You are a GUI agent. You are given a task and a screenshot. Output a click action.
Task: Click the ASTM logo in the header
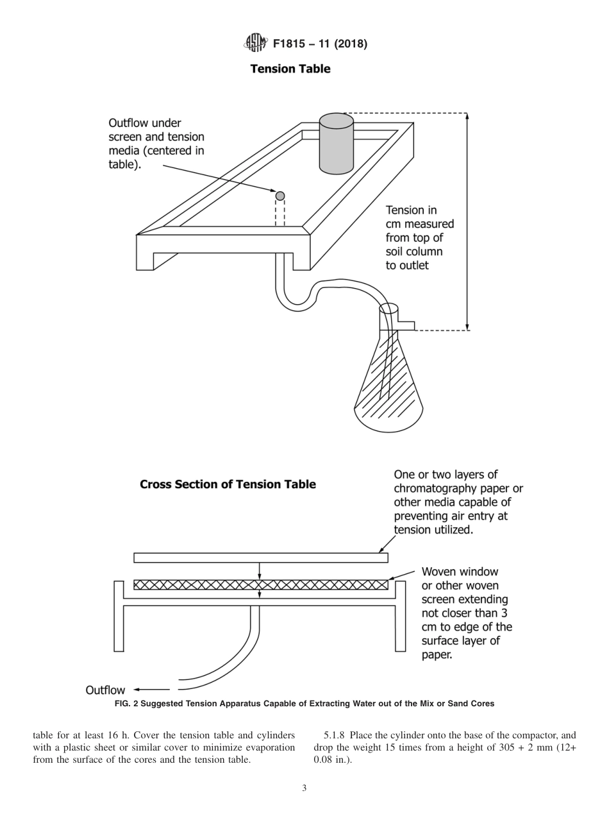point(254,44)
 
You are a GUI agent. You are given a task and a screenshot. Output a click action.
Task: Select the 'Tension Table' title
point(290,69)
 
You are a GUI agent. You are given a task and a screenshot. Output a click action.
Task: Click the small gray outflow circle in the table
point(280,196)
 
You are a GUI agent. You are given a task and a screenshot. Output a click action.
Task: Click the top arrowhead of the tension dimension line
point(467,117)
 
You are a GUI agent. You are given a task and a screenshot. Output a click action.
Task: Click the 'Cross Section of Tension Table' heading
point(228,484)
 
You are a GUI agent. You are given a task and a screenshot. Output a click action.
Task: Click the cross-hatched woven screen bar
point(260,584)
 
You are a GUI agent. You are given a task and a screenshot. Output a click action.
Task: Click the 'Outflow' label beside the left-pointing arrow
point(105,690)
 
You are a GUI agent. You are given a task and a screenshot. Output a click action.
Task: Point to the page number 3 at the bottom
point(304,788)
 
